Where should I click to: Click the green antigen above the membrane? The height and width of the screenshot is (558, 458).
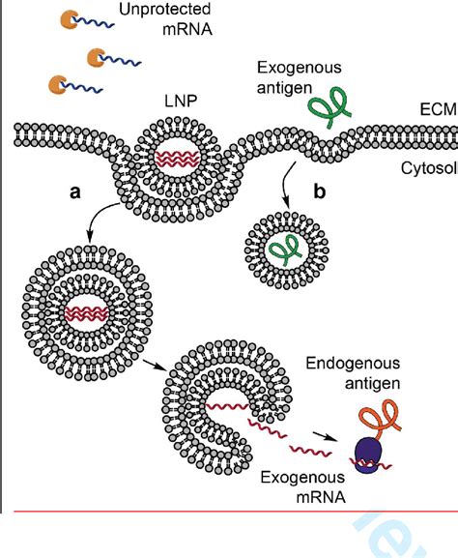tap(326, 109)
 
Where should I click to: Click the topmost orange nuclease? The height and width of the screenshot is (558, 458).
tap(72, 18)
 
